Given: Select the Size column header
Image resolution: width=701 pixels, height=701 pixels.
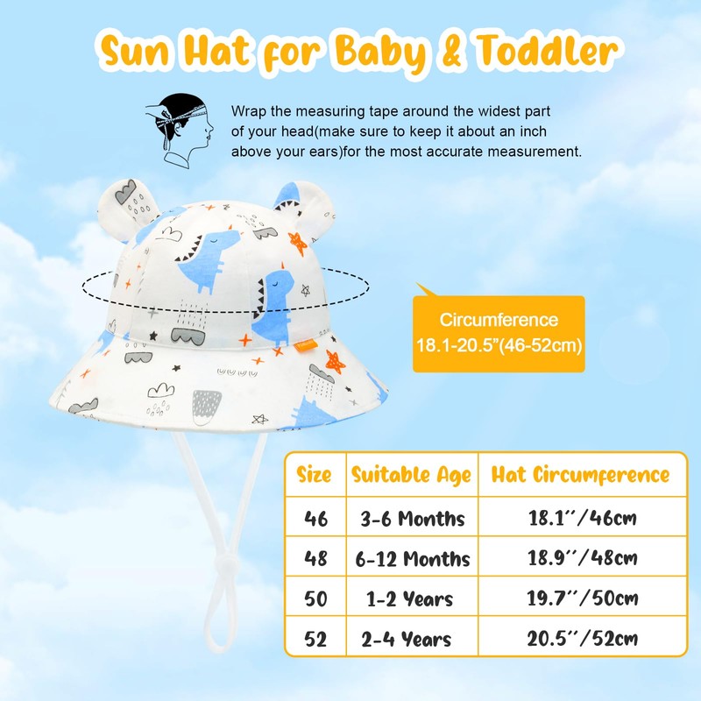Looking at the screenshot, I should coord(314,476).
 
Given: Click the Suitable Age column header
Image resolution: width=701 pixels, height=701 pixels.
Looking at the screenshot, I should coord(411,476).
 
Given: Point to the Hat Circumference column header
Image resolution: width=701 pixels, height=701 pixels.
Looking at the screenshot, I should coord(580,476).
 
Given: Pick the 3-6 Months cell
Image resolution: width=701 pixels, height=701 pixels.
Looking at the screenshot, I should coord(411,519).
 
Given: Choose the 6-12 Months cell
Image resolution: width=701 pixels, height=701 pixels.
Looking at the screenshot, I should coord(411,559).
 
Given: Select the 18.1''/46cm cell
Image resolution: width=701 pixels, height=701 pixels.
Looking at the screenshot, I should coord(580,519).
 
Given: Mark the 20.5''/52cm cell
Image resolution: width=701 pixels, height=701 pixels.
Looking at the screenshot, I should coord(580,640).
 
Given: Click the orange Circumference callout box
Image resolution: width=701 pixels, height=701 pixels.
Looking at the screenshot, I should coord(499,333).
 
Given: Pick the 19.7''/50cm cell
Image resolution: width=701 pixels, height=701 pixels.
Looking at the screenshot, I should coord(580,600).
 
